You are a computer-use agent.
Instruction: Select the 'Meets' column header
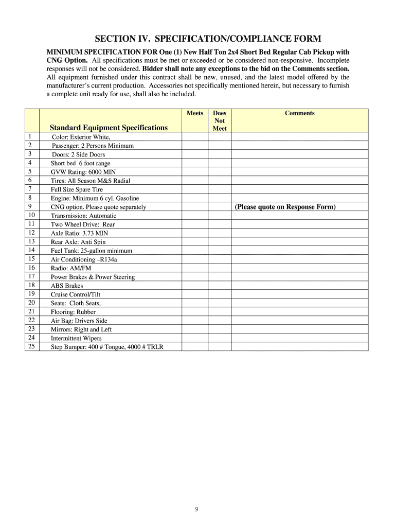pos(195,113)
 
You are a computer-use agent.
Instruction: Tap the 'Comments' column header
pos(300,113)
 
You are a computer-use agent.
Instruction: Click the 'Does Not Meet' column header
pos(220,120)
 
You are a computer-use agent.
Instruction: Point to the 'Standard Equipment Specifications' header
pos(109,128)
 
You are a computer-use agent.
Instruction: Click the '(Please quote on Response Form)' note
pos(285,207)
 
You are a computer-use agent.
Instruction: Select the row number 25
pos(31,346)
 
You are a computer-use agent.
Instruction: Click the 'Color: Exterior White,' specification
pos(81,137)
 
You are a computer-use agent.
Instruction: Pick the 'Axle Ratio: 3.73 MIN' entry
pos(79,233)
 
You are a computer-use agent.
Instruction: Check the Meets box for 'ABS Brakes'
pos(195,286)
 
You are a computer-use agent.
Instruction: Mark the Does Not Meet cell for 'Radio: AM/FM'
pos(220,268)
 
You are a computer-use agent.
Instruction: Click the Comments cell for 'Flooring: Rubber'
pos(300,312)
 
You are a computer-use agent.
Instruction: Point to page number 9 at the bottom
pos(197,510)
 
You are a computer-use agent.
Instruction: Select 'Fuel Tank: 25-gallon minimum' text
pos(91,251)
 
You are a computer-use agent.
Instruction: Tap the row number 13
pos(31,241)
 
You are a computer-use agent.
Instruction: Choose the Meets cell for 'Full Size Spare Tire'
pos(195,189)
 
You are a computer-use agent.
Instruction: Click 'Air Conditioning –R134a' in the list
pos(84,259)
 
